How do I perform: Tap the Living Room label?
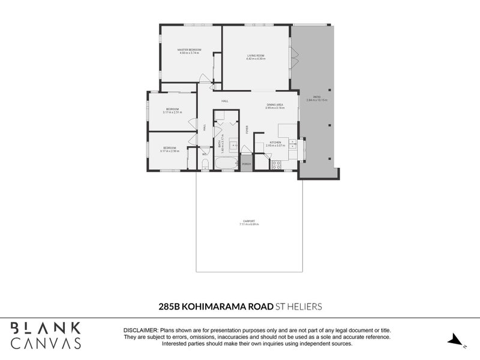tap(256, 56)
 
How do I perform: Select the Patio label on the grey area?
tap(316, 97)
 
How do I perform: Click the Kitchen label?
tap(275, 142)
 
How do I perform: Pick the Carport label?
tap(249, 222)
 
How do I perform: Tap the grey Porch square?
tap(246, 163)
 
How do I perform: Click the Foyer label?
tap(247, 129)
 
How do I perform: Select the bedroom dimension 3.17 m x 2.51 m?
tap(172, 112)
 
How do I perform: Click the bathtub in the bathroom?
tap(225, 164)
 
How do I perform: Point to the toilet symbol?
tap(205, 163)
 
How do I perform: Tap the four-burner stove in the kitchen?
tap(277, 164)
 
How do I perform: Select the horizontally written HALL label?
tap(225, 101)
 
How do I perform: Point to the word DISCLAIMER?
tap(140, 331)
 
